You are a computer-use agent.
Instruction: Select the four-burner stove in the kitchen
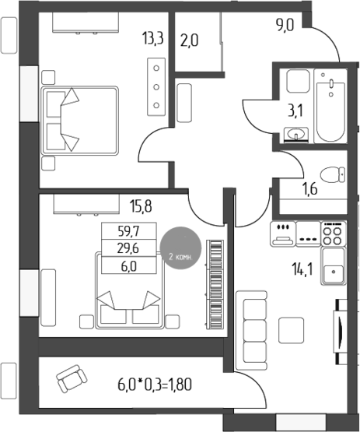[x=334, y=231]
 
